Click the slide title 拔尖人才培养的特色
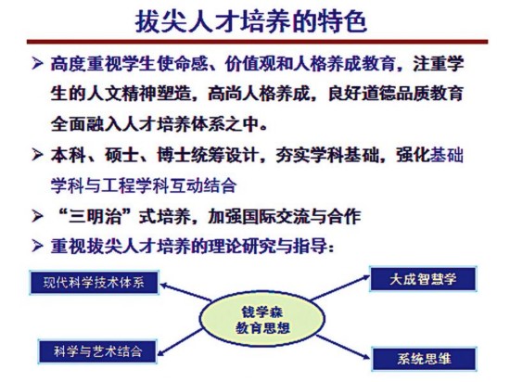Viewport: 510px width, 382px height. click(251, 21)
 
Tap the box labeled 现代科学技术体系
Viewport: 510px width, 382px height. click(95, 282)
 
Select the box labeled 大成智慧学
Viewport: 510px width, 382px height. click(423, 279)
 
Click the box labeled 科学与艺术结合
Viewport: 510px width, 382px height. click(97, 351)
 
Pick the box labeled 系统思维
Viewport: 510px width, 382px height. click(424, 359)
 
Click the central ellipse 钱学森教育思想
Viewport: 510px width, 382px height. click(262, 320)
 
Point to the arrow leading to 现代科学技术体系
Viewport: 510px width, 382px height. click(186, 292)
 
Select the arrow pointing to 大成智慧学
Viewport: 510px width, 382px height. click(340, 287)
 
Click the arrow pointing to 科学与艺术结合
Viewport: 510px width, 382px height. click(180, 342)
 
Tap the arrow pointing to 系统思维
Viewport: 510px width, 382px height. click(343, 347)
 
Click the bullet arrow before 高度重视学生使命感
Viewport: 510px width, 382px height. click(37, 63)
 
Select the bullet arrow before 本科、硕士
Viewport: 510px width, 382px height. click(37, 155)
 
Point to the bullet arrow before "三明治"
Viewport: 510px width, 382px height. click(37, 216)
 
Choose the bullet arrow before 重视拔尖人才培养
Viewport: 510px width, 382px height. click(37, 246)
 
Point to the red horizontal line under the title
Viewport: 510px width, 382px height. click(257, 42)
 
